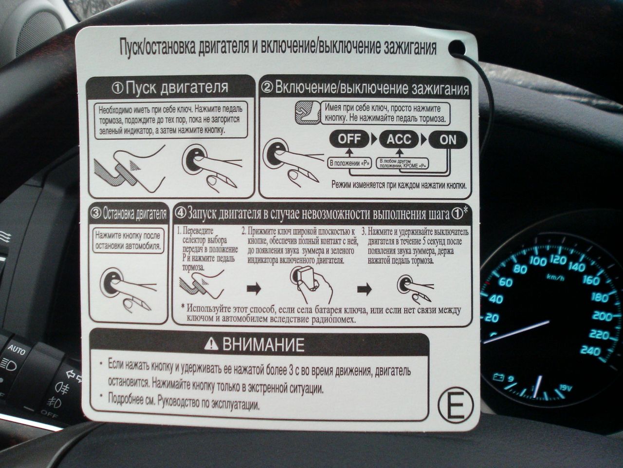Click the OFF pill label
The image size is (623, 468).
pyautogui.click(x=349, y=139)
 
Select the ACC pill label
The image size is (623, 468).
pyautogui.click(x=399, y=139)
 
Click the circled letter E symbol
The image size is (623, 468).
pyautogui.click(x=455, y=404)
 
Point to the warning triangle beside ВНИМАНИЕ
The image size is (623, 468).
pyautogui.click(x=211, y=344)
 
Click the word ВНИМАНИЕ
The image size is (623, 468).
pyautogui.click(x=263, y=344)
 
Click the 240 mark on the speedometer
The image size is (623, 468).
pyautogui.click(x=590, y=351)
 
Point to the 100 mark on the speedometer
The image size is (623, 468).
pyautogui.click(x=537, y=261)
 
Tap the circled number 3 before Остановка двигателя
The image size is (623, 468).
pyautogui.click(x=96, y=213)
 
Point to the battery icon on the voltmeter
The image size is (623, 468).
pyautogui.click(x=498, y=377)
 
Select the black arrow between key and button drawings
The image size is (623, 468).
pyautogui.click(x=365, y=289)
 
